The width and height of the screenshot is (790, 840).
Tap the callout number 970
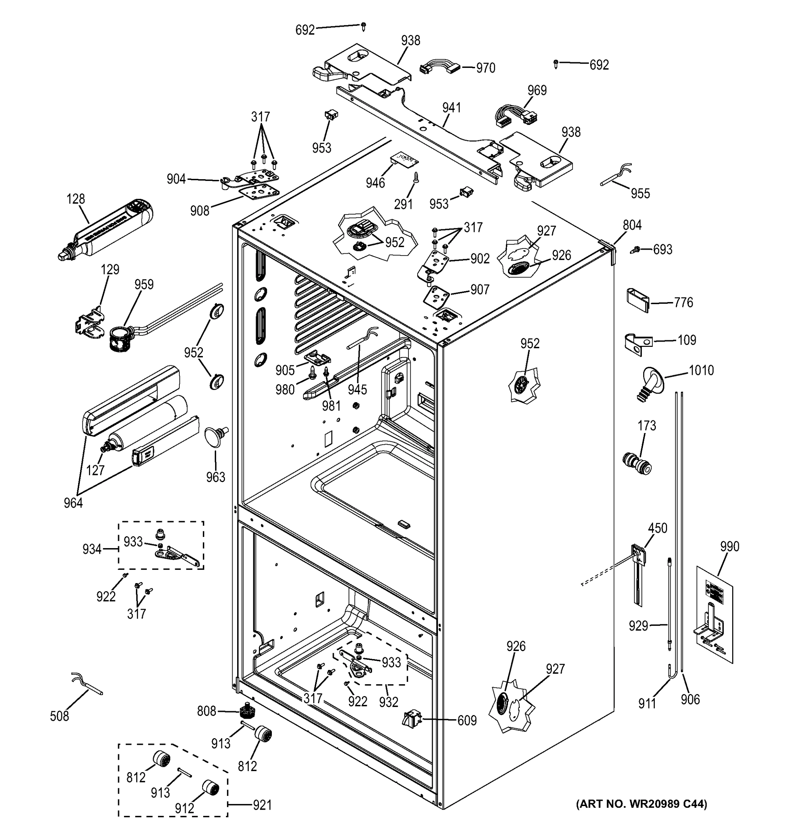(x=486, y=68)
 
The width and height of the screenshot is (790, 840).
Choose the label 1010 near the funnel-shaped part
(x=701, y=371)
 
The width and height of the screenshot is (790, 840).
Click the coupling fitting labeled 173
(x=637, y=463)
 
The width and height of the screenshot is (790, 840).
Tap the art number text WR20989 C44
(x=641, y=803)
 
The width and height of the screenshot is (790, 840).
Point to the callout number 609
(x=467, y=720)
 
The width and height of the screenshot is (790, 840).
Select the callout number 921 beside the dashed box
(x=262, y=805)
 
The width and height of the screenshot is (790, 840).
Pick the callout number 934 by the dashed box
(x=92, y=549)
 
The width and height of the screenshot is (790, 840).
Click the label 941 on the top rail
(x=451, y=108)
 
